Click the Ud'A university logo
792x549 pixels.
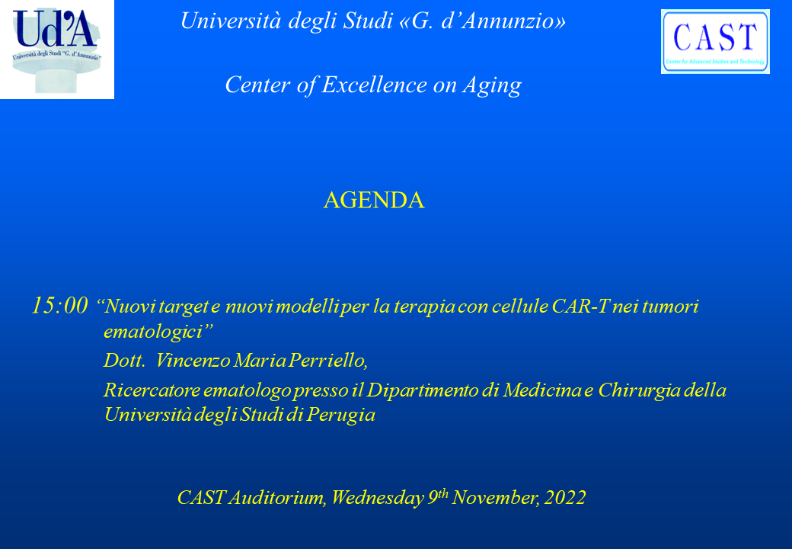point(57,50)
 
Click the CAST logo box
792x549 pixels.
point(715,41)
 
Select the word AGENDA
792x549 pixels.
point(374,201)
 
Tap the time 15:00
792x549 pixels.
point(59,306)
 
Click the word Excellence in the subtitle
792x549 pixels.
point(374,85)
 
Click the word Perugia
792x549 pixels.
point(341,415)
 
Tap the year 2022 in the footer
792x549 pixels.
point(565,497)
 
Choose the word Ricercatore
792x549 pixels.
point(152,390)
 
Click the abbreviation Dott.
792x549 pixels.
point(124,361)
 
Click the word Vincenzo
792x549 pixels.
point(193,361)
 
